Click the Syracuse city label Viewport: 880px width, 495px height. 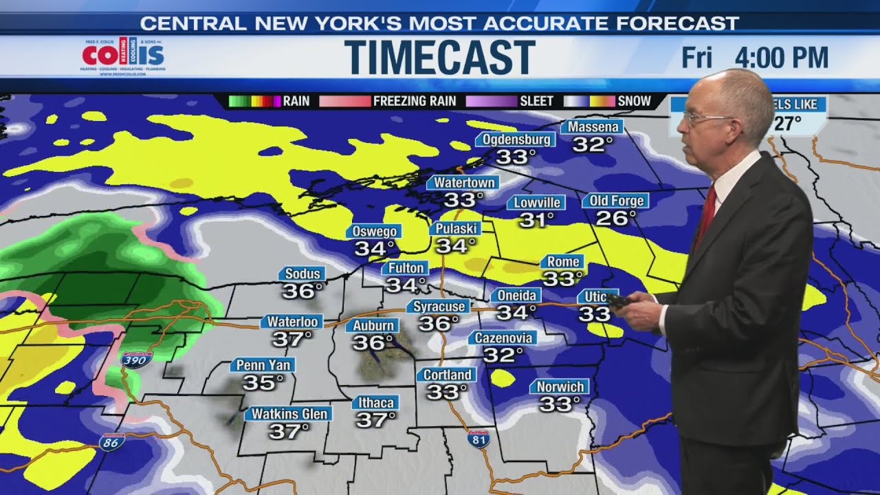[x=441, y=306]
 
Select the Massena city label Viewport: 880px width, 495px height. [x=592, y=127]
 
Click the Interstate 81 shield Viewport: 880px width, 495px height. [x=478, y=438]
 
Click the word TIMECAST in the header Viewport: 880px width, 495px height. [x=439, y=57]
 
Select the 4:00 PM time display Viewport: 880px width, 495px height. [x=782, y=58]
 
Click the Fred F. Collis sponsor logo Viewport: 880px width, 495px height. [x=123, y=57]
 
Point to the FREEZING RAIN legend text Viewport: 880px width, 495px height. [x=414, y=101]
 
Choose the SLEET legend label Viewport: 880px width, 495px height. [x=536, y=101]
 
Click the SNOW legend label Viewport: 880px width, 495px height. [x=634, y=101]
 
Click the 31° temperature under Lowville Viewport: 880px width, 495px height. [x=536, y=220]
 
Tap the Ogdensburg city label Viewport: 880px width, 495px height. [x=515, y=140]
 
